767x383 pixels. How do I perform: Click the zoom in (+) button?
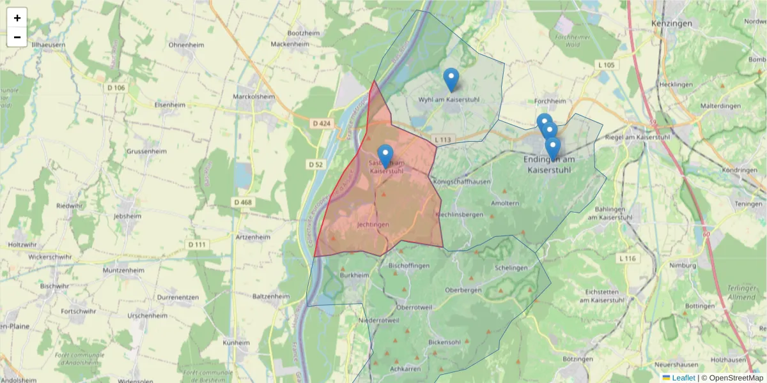pos(17,18)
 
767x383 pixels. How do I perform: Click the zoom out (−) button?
pos(17,37)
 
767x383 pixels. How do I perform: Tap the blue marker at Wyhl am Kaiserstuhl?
pos(451,80)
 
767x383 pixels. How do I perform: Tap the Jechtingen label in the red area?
pos(373,225)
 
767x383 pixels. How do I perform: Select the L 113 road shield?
pos(442,140)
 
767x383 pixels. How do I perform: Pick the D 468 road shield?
pos(243,202)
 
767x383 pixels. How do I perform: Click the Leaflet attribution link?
pos(683,378)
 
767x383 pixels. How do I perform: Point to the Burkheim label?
pos(355,276)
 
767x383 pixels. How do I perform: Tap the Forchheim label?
pos(550,101)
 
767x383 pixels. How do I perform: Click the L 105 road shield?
pos(606,65)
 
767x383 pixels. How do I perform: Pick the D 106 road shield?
pos(116,87)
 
